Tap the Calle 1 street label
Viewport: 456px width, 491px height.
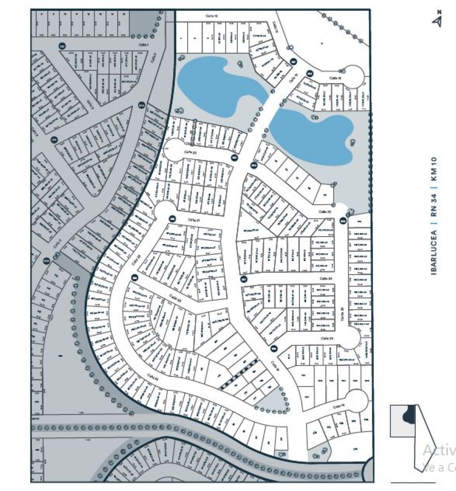tap(143, 45)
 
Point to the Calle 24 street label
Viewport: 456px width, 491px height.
tap(325, 279)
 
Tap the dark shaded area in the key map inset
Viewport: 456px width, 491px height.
tap(409, 415)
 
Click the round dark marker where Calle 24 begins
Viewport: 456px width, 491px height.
tap(244, 279)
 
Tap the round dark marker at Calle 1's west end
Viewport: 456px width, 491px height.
tap(62, 46)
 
